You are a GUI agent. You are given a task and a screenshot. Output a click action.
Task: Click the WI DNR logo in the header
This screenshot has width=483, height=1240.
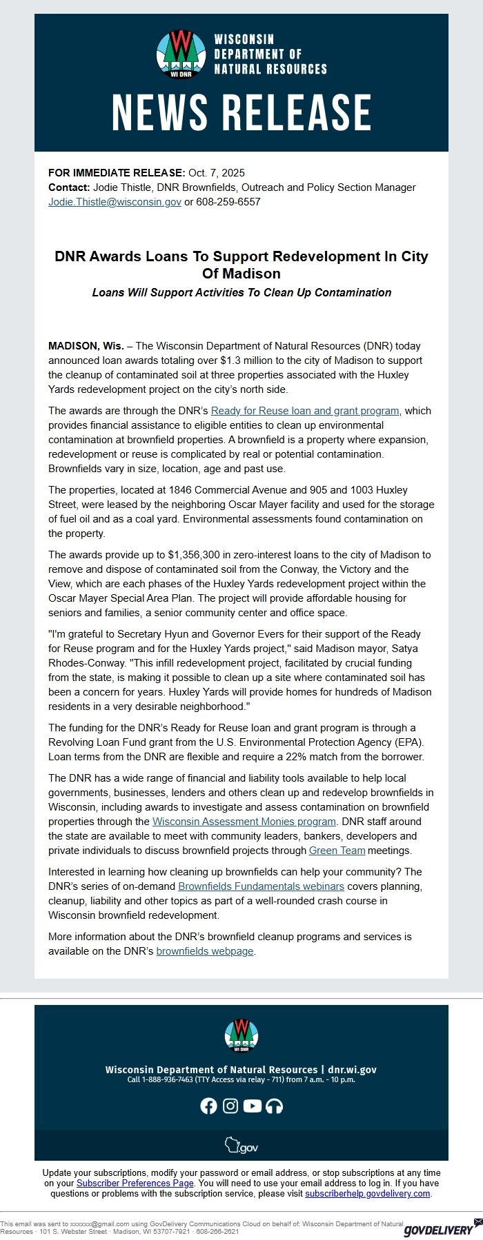[181, 54]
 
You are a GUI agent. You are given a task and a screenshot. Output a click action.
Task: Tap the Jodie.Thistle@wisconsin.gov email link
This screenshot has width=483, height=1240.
[115, 202]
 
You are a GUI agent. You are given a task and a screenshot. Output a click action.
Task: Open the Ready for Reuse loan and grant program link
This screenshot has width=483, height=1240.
[305, 411]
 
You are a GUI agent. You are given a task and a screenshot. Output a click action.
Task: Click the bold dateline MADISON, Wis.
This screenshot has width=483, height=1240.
[86, 346]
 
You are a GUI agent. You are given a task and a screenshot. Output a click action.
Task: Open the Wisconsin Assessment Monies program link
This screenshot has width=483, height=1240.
[244, 822]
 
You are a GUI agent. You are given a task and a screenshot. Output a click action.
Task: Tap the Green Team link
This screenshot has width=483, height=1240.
[337, 851]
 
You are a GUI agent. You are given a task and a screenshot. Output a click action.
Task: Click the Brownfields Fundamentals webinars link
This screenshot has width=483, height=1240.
[261, 886]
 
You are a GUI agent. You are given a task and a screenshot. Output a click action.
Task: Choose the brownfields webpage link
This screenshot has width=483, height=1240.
[205, 951]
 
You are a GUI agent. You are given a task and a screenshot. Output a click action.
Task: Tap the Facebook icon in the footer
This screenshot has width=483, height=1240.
[208, 1106]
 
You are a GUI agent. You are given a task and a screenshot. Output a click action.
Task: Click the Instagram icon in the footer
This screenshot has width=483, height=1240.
[230, 1106]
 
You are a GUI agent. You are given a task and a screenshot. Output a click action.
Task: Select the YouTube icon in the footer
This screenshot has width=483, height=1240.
[253, 1106]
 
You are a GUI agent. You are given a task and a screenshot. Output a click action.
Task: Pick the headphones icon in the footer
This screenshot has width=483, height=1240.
[275, 1106]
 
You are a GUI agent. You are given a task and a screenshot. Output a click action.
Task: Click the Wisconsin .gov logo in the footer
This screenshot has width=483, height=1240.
[241, 1146]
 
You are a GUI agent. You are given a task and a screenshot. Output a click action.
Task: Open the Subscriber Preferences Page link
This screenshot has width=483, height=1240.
[135, 1183]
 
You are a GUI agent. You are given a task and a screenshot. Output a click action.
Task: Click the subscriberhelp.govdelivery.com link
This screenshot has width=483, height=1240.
[368, 1193]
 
